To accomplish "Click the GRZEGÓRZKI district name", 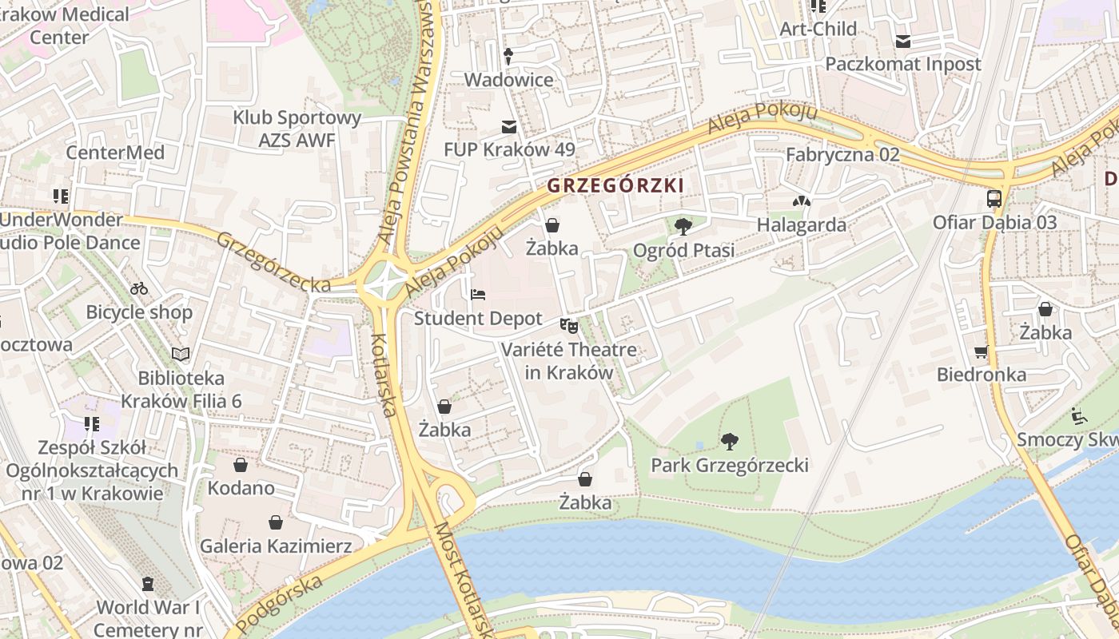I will [x=615, y=185].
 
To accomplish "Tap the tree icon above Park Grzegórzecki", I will [x=729, y=441].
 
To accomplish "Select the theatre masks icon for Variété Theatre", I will [x=568, y=325].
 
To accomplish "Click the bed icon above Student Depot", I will [x=478, y=295].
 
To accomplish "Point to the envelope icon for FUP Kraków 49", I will [x=508, y=127].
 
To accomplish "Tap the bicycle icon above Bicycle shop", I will [x=139, y=288].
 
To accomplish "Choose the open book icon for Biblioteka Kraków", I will [x=181, y=354].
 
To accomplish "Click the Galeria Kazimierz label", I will [x=276, y=546].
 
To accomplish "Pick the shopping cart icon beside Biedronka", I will [x=982, y=351].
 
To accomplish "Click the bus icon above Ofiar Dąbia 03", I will [x=994, y=199].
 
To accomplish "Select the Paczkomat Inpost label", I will [x=903, y=64].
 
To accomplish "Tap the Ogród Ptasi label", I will [x=683, y=250].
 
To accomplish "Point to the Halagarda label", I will [x=802, y=224].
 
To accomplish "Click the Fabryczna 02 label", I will [x=842, y=155].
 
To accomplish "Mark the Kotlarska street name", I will [x=384, y=374].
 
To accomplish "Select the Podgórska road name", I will [x=279, y=604].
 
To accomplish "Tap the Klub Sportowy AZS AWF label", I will [x=297, y=129].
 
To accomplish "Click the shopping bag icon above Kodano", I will [x=241, y=465].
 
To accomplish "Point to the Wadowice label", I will [x=508, y=80].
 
